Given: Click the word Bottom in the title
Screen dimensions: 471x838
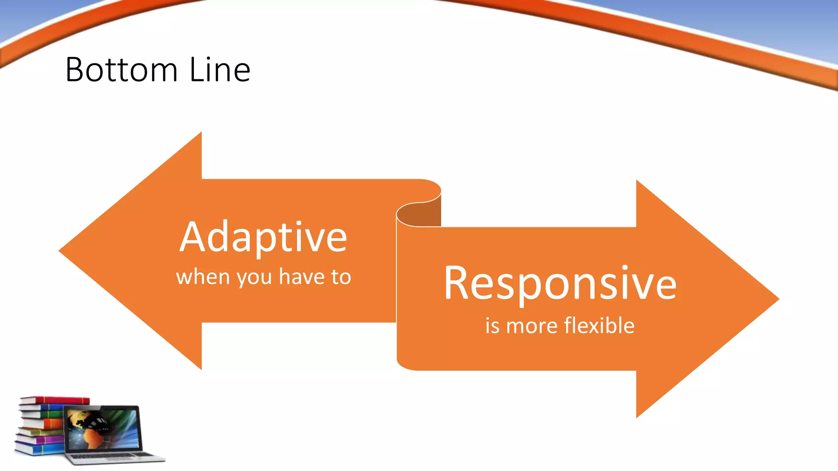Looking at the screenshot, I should click(122, 70).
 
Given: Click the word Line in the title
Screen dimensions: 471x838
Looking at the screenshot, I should click(220, 70).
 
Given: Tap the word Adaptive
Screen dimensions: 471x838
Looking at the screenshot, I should click(263, 237).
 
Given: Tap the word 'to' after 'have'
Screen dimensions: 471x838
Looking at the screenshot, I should click(341, 277).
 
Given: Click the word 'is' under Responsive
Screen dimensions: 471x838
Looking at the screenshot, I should click(492, 326).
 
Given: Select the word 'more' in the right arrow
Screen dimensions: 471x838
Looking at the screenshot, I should click(532, 326).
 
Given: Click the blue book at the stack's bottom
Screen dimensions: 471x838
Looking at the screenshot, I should click(39, 449).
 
